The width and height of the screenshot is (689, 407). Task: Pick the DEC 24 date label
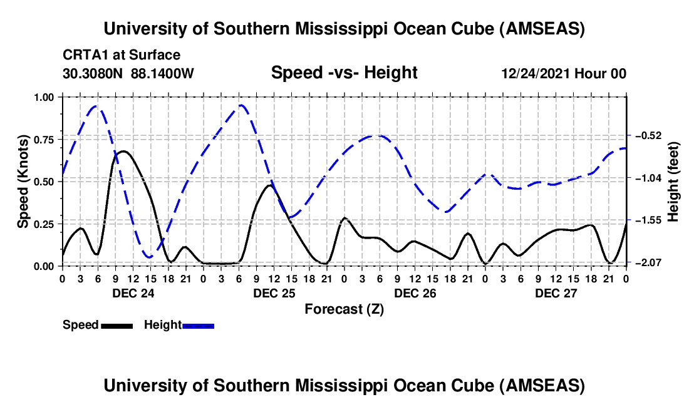[x=133, y=293]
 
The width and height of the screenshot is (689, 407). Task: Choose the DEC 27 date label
[x=556, y=293]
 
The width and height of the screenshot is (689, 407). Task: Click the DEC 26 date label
[x=415, y=293]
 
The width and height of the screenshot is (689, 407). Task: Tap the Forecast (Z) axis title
[x=344, y=309]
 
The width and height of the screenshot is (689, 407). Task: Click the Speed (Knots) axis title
[x=23, y=182]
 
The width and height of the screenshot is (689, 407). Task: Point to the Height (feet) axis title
[x=673, y=182]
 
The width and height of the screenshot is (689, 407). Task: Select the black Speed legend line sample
[x=117, y=325]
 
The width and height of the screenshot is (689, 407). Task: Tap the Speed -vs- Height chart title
[x=344, y=73]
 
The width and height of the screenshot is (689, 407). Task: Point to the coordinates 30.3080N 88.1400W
[x=128, y=73]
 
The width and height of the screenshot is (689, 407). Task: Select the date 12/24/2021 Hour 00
[x=564, y=73]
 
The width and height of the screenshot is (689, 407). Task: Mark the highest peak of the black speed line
[x=123, y=151]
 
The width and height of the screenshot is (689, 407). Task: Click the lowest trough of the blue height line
[x=148, y=257]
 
